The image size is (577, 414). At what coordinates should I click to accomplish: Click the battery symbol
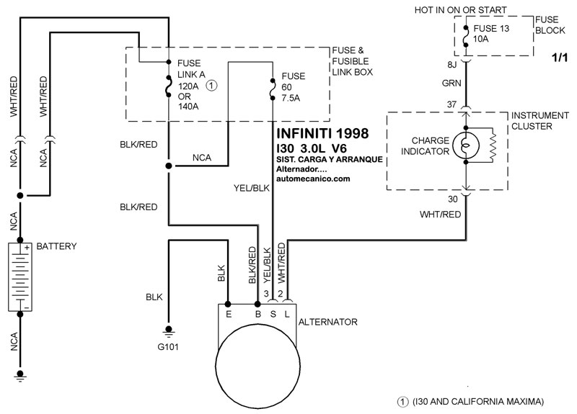click(x=19, y=277)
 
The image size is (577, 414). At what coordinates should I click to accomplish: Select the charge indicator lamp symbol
click(x=466, y=145)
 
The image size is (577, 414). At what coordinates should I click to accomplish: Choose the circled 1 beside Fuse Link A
click(x=211, y=85)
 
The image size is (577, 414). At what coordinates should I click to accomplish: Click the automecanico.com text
click(x=313, y=179)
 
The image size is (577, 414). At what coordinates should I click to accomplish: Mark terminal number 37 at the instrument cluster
click(x=452, y=105)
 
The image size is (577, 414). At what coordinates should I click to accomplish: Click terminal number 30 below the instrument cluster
click(x=452, y=199)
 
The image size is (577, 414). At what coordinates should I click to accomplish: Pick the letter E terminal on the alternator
click(x=228, y=314)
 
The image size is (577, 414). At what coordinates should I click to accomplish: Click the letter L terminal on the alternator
click(x=286, y=314)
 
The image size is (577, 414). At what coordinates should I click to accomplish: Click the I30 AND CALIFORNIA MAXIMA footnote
click(x=472, y=400)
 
